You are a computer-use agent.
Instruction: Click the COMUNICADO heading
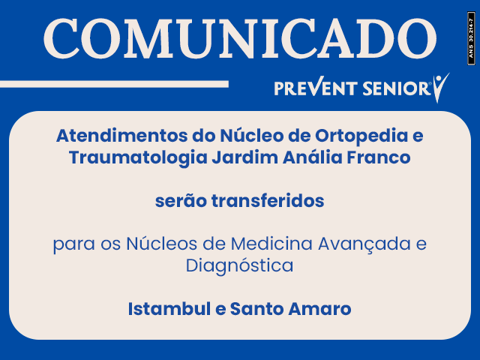tap(240, 38)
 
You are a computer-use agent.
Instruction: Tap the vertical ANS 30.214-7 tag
tap(471, 38)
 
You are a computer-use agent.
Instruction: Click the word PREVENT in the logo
tap(316, 88)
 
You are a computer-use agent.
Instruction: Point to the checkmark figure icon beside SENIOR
tap(440, 88)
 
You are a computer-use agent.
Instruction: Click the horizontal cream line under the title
tap(114, 84)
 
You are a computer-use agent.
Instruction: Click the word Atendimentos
tap(121, 136)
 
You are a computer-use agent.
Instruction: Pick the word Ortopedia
tap(361, 136)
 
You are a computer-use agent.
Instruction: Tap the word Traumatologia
tap(138, 158)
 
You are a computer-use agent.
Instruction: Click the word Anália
tap(313, 157)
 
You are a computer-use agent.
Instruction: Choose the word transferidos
tap(268, 201)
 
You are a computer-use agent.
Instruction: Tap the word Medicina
tap(271, 244)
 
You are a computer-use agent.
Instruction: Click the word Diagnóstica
tap(240, 265)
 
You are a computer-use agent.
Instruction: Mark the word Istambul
tap(169, 308)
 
